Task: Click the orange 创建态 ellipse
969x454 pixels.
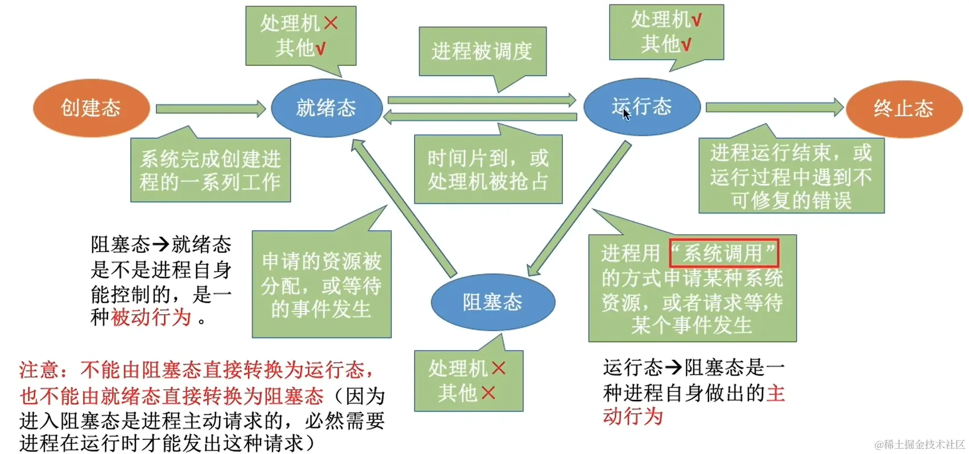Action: (91, 108)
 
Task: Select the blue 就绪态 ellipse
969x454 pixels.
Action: (326, 108)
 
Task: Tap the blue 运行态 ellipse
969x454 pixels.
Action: (642, 107)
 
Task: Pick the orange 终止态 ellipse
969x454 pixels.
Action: (904, 109)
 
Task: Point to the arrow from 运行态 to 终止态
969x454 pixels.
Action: (774, 107)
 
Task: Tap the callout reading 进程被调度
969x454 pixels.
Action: (482, 52)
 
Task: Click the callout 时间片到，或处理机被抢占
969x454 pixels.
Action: (488, 169)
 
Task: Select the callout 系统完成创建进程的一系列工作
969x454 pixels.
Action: (210, 170)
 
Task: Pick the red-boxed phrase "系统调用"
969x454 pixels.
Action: (723, 253)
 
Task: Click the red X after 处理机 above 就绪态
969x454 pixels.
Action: (330, 23)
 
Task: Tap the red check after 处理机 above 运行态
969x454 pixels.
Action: (695, 20)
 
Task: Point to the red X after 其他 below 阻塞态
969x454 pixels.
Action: (488, 393)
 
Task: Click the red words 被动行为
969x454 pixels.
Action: (151, 317)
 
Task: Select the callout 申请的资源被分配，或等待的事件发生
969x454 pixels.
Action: (321, 285)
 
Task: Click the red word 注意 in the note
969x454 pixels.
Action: (39, 370)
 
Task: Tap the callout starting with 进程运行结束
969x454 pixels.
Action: (791, 176)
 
